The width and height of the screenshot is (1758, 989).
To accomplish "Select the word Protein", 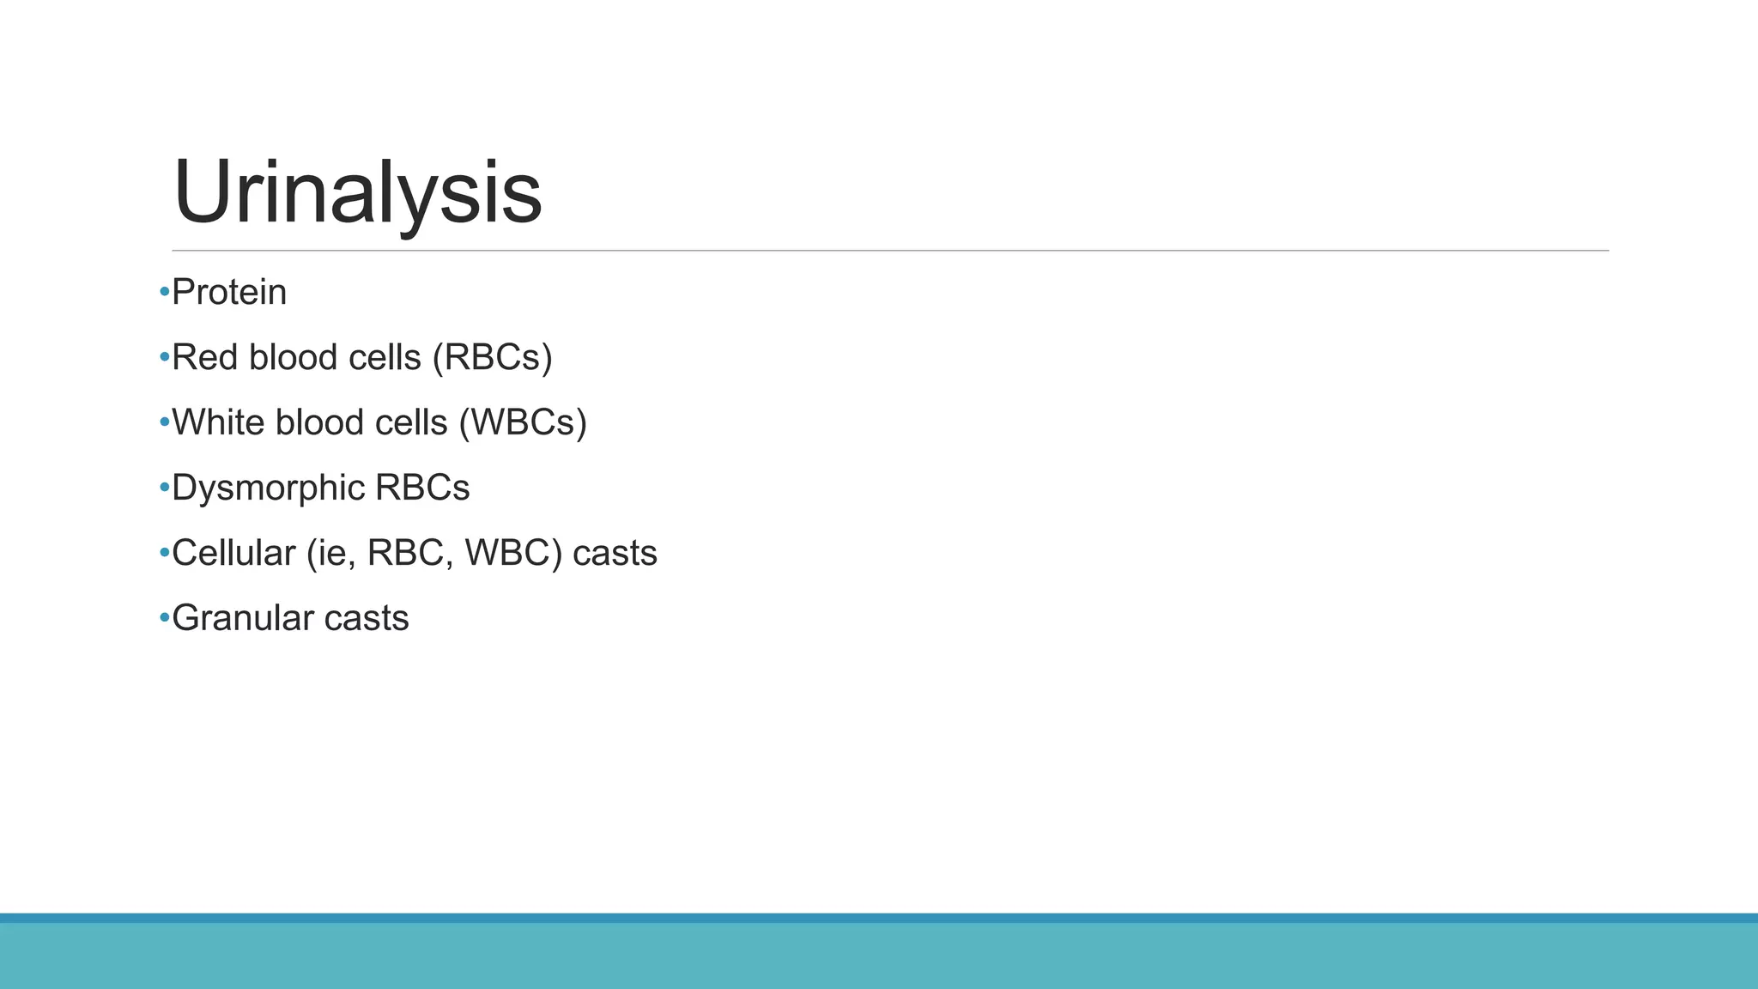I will (229, 293).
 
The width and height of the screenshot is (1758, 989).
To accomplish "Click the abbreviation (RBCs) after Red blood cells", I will (492, 358).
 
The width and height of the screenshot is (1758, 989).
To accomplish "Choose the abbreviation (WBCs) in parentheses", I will (523, 423).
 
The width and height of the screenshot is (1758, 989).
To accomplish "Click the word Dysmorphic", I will (268, 488).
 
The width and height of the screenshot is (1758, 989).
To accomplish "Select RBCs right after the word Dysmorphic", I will (422, 488).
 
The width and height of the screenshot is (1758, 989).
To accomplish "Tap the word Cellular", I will (233, 554).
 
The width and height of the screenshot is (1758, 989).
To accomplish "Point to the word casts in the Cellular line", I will (615, 554).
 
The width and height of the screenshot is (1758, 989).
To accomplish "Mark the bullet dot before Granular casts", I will (164, 619).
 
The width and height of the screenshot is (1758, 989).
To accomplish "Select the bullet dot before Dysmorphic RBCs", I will (164, 488).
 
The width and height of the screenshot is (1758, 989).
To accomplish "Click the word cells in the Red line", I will (385, 358).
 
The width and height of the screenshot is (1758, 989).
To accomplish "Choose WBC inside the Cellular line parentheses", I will (513, 554).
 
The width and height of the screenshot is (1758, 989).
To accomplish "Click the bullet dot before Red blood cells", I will (164, 358).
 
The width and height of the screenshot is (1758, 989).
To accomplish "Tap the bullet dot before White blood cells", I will (164, 423).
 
